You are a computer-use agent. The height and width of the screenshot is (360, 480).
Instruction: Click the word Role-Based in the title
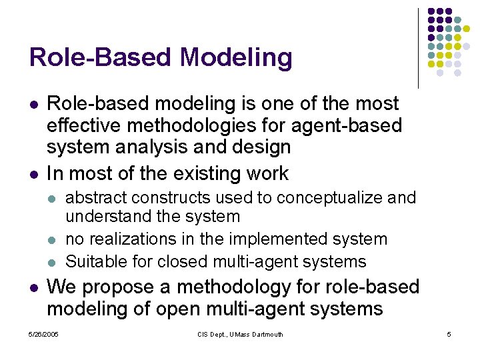[101, 58]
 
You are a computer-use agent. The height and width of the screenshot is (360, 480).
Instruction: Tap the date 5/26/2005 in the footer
[43, 334]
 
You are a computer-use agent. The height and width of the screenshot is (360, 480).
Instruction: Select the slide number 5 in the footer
[449, 334]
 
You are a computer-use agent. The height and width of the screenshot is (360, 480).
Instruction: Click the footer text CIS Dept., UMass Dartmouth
[240, 334]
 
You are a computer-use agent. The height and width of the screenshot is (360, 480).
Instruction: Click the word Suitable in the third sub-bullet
[91, 261]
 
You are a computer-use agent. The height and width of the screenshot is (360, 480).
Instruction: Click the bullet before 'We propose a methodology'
[33, 287]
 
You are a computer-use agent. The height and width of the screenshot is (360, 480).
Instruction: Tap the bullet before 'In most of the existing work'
[33, 174]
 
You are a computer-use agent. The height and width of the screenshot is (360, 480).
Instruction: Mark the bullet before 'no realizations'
[53, 239]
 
